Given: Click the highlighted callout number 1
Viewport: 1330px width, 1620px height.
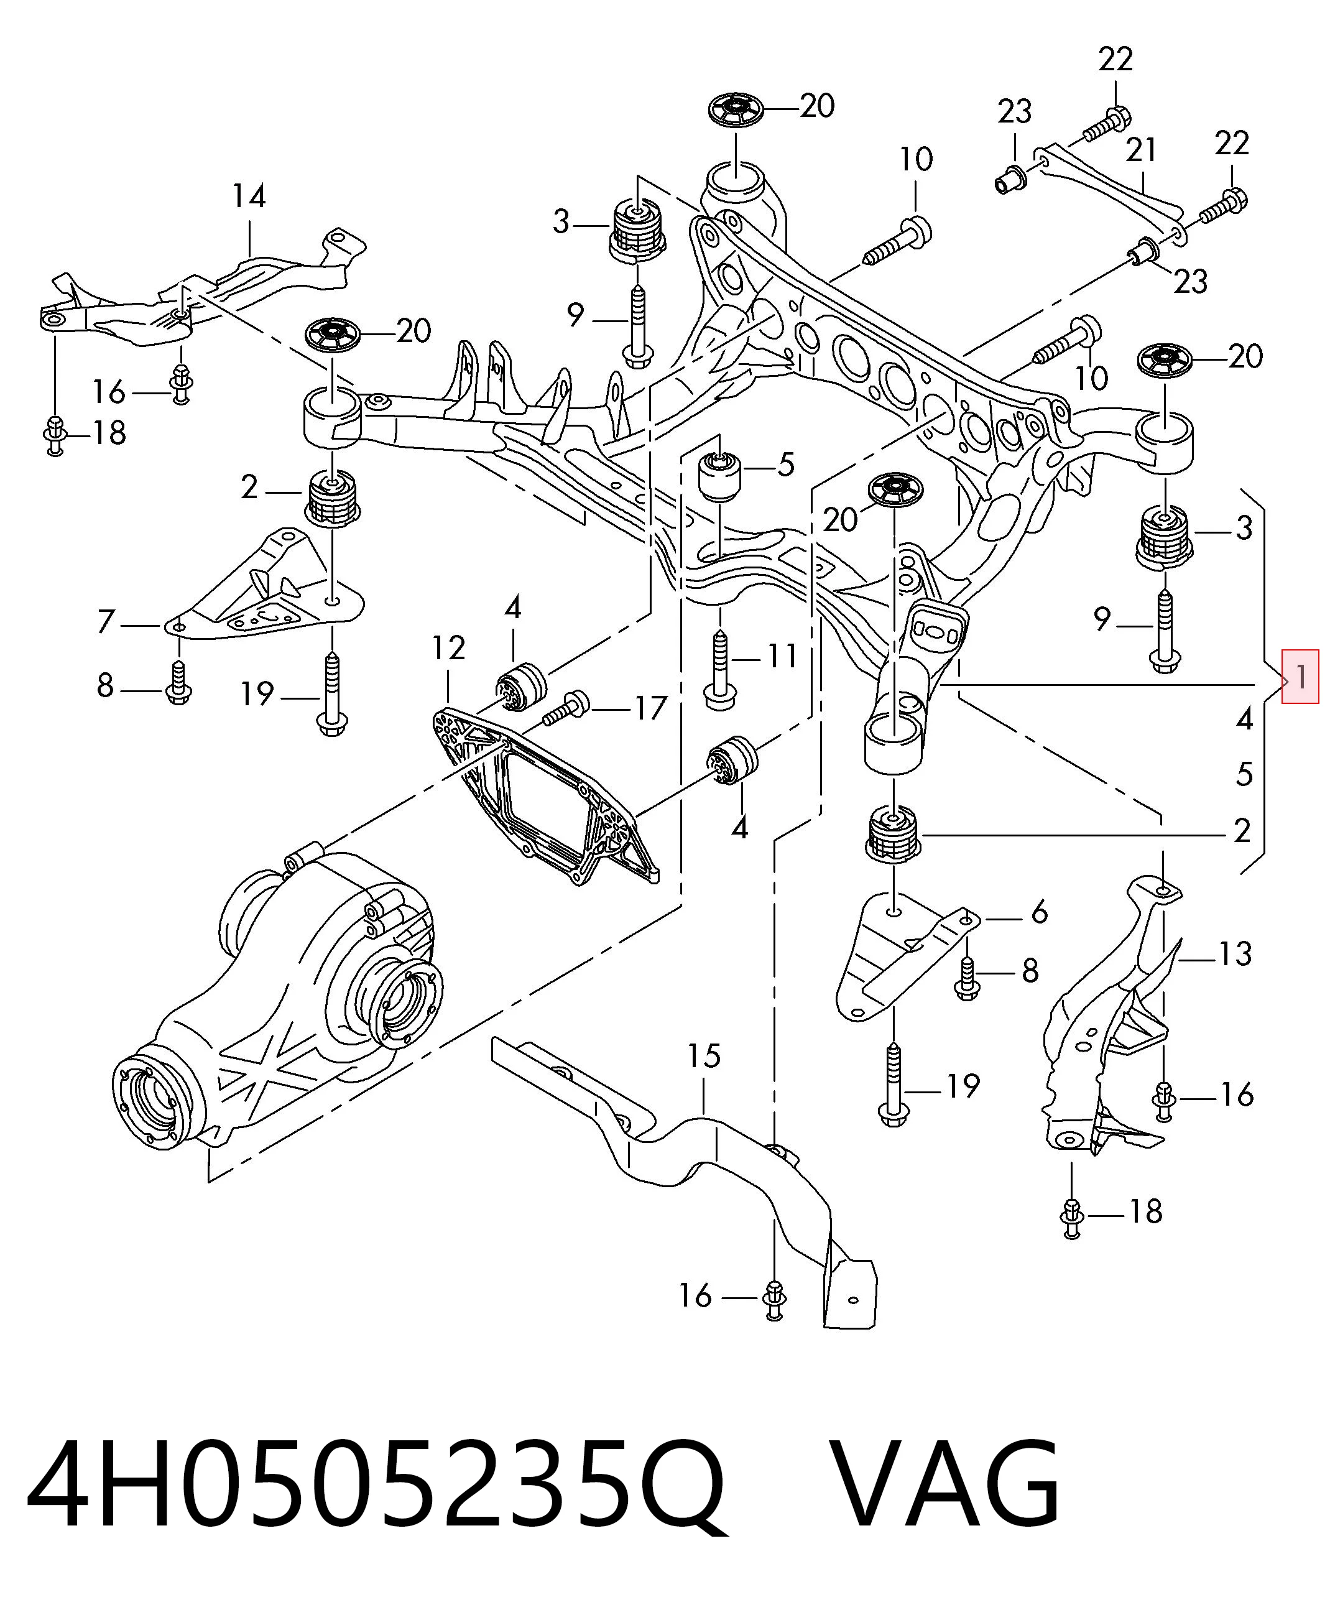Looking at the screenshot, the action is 1301,676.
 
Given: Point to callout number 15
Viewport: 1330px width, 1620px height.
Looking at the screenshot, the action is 704,1056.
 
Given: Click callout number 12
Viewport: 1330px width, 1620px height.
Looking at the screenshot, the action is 448,648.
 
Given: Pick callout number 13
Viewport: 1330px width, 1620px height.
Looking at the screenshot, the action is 1235,954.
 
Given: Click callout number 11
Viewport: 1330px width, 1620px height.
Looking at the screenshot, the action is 782,656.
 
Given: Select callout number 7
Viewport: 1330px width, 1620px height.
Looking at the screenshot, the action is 106,621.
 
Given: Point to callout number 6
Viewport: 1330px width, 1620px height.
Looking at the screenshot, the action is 1039,912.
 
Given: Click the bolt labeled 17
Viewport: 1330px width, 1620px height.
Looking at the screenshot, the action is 565,707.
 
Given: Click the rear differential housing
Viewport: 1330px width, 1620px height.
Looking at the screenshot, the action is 284,996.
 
